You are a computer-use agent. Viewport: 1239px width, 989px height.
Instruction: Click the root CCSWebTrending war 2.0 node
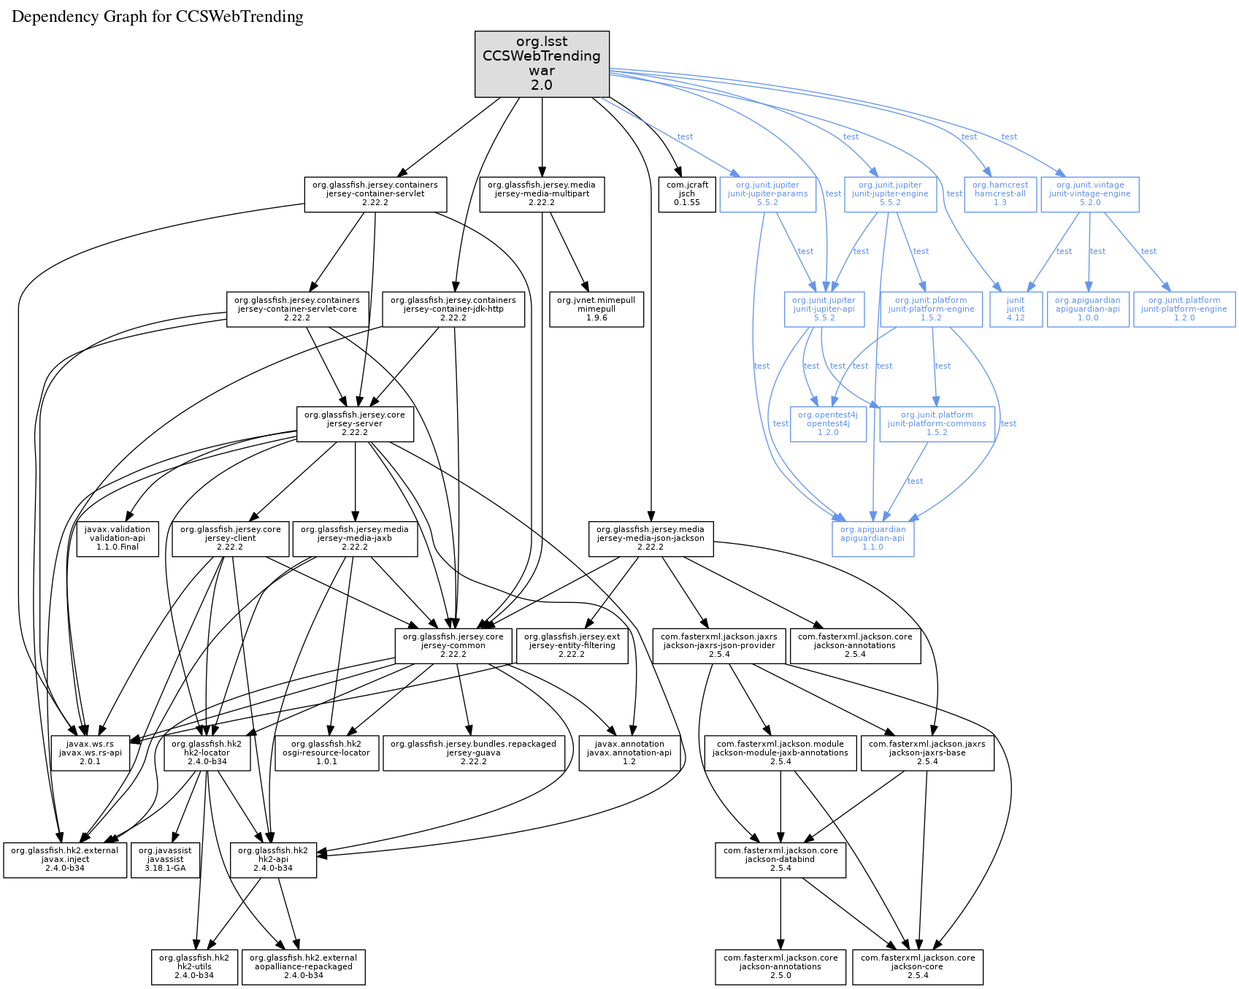pyautogui.click(x=542, y=64)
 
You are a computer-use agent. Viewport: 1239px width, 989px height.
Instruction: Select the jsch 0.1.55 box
pyautogui.click(x=687, y=194)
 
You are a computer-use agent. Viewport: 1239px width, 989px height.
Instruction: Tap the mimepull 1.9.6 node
pyautogui.click(x=597, y=309)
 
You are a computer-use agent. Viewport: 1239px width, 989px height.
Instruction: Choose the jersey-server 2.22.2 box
pyautogui.click(x=355, y=424)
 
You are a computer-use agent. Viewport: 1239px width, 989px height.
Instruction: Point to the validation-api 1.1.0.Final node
pyautogui.click(x=118, y=539)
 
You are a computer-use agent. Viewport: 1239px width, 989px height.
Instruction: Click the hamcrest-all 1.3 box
pyautogui.click(x=1000, y=194)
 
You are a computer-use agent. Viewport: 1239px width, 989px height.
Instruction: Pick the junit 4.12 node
pyautogui.click(x=1016, y=309)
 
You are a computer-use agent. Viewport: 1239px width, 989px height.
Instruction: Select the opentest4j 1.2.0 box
pyautogui.click(x=828, y=424)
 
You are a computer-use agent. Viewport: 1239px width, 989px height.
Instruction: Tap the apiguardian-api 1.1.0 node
pyautogui.click(x=872, y=539)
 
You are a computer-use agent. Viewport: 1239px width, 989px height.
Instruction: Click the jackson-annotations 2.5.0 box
pyautogui.click(x=780, y=966)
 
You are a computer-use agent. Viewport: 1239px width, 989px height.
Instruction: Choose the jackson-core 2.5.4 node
pyautogui.click(x=918, y=966)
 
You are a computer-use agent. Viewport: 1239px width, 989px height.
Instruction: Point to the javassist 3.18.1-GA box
pyautogui.click(x=165, y=860)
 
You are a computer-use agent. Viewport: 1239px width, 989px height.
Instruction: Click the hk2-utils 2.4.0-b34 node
pyautogui.click(x=194, y=966)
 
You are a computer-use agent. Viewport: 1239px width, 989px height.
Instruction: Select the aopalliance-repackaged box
pyautogui.click(x=303, y=966)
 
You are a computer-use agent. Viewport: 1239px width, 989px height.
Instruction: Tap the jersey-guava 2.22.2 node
pyautogui.click(x=473, y=753)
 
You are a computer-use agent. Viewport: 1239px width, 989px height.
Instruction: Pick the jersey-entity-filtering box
pyautogui.click(x=572, y=646)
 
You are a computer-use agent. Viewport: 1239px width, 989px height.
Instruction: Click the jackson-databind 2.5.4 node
pyautogui.click(x=780, y=860)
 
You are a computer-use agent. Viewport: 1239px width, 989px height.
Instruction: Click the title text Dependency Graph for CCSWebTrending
pyautogui.click(x=158, y=17)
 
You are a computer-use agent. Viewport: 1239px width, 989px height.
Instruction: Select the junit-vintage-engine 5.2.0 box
pyautogui.click(x=1090, y=194)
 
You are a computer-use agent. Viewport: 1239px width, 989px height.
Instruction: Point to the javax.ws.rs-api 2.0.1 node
pyautogui.click(x=91, y=753)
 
